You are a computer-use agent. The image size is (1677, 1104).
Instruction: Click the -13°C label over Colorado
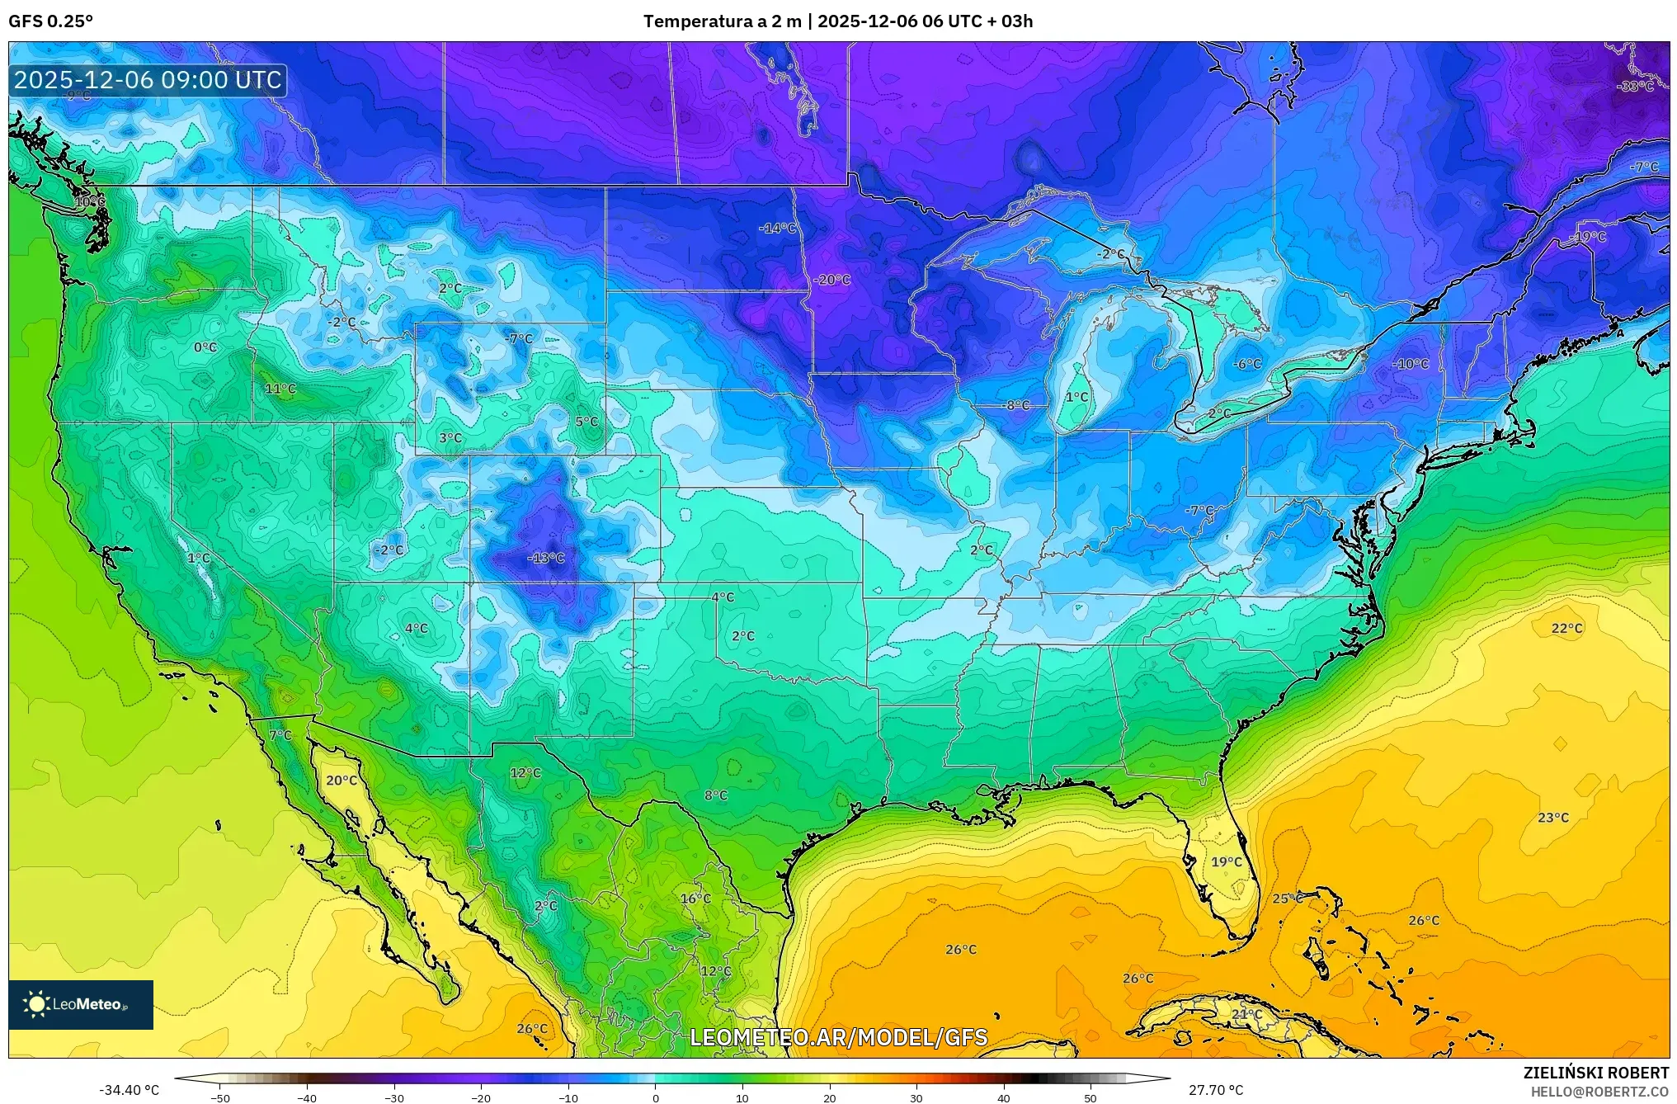click(x=545, y=558)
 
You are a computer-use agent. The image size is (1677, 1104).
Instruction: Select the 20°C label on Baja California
click(x=342, y=780)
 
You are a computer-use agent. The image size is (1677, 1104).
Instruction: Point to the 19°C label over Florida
click(x=1226, y=861)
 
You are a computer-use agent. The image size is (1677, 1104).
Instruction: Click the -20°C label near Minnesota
click(x=831, y=280)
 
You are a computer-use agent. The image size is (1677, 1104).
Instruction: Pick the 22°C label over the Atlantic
click(x=1566, y=628)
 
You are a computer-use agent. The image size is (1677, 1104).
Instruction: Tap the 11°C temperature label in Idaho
click(x=280, y=389)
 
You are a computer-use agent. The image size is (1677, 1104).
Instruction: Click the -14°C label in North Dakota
click(x=778, y=228)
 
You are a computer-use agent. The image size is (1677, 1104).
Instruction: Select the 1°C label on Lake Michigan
click(x=1076, y=397)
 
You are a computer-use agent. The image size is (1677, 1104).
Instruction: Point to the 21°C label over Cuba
click(x=1246, y=1014)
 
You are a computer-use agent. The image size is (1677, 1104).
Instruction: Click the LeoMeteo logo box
click(x=81, y=1004)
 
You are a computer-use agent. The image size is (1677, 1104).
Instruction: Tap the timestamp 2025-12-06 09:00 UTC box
click(x=148, y=80)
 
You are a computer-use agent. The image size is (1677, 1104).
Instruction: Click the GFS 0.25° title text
click(x=50, y=21)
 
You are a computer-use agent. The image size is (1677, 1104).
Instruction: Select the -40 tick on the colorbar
click(x=307, y=1098)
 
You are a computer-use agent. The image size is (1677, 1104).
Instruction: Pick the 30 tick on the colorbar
click(x=916, y=1098)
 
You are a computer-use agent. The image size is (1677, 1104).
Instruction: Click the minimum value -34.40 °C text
click(x=130, y=1090)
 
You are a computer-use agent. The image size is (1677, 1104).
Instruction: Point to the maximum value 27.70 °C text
click(x=1216, y=1090)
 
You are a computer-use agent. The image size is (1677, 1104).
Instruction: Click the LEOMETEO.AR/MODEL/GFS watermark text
click(x=838, y=1037)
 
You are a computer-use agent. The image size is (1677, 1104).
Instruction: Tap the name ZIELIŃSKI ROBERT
click(x=1595, y=1073)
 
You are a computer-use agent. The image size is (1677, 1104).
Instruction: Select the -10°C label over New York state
click(x=1411, y=364)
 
